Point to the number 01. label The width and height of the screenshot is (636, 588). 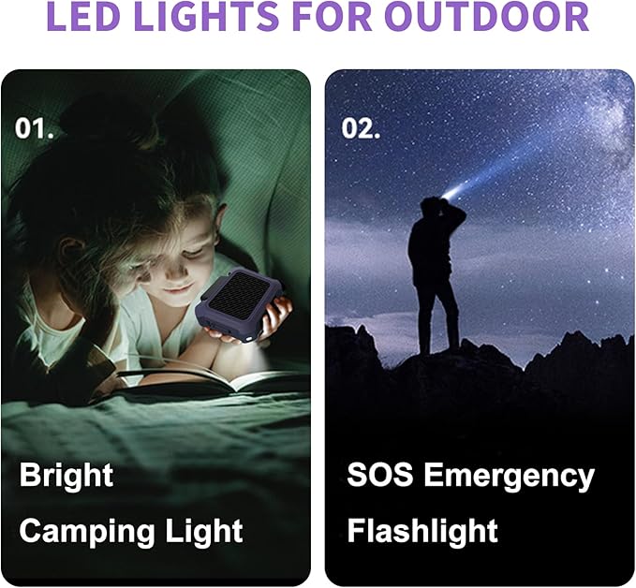point(35,128)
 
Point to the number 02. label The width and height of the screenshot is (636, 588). point(361,128)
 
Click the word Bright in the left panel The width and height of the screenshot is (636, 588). point(66,476)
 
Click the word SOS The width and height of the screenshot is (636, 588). point(380,476)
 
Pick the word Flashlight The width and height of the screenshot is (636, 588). point(422,532)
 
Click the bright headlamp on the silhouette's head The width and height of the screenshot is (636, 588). point(451,193)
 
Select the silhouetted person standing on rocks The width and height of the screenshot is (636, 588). point(435,272)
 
